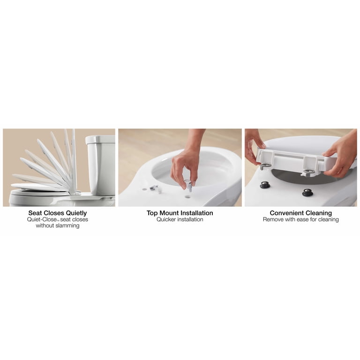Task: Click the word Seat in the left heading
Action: tap(35, 213)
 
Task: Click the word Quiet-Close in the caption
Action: tap(42, 219)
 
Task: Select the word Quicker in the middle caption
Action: tap(166, 219)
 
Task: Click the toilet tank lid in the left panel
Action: tap(100, 139)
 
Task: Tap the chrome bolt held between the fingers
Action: tap(188, 185)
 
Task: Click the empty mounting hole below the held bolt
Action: tap(188, 197)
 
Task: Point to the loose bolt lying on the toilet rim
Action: tap(155, 188)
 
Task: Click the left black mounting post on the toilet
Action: tap(265, 185)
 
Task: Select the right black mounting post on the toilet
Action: tap(307, 192)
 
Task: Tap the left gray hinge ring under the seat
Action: tap(265, 166)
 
